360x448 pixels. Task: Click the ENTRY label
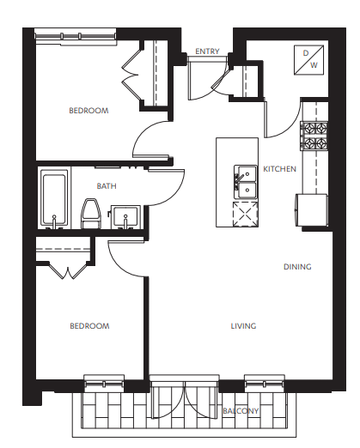pos(207,51)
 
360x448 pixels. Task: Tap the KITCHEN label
pos(279,169)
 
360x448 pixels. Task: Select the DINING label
pos(297,267)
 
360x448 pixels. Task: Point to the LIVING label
pos(243,326)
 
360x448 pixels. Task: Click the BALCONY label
pos(241,411)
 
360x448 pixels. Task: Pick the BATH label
pos(107,186)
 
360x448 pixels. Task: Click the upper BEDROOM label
pos(88,111)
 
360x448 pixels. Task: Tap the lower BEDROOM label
pos(89,326)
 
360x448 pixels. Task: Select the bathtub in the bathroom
pos(54,199)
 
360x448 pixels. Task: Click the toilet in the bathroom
pos(91,214)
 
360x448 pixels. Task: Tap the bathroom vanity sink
pos(125,217)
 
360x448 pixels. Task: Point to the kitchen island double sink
pos(246,182)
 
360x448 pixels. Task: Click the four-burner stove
pos(314,136)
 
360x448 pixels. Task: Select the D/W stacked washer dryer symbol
pos(309,60)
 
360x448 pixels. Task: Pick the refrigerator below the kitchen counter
pos(311,209)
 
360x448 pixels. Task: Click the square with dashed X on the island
pos(246,215)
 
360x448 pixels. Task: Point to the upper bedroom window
pos(76,37)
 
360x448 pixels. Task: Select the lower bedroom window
pos(104,383)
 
